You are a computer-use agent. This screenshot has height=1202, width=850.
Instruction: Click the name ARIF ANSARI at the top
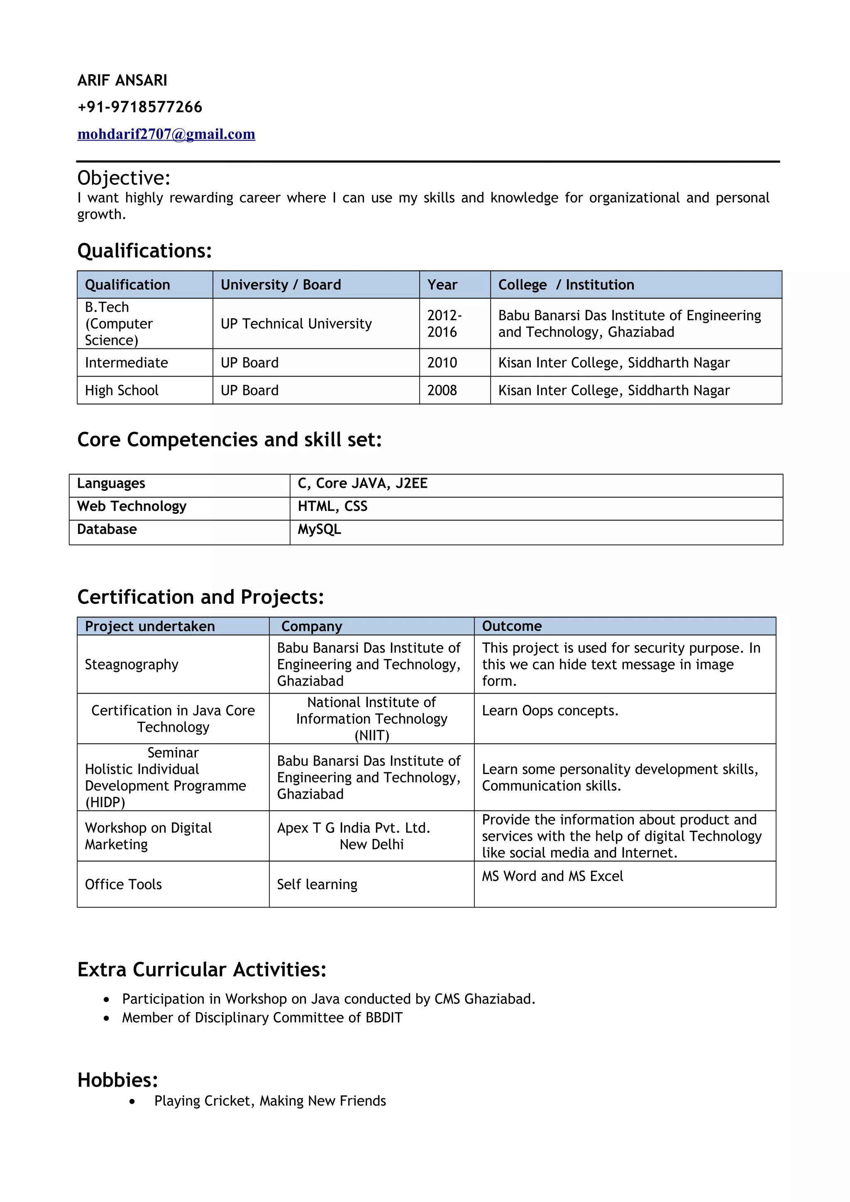(122, 80)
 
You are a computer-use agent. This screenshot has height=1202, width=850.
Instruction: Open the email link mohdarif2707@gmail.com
(166, 134)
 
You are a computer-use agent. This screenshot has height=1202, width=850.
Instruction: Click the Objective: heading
(124, 178)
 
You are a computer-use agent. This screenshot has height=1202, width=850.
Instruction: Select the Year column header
(442, 285)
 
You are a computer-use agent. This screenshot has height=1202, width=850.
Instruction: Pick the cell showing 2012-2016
(444, 324)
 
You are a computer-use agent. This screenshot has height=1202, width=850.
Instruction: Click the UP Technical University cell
(296, 324)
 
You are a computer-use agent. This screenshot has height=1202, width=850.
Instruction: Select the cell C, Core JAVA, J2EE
(362, 483)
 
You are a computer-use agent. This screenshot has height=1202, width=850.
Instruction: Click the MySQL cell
(320, 529)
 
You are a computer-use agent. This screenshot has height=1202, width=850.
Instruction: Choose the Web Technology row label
(132, 506)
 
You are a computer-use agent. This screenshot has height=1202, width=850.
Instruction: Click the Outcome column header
(512, 626)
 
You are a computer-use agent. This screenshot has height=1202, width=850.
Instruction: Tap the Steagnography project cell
(132, 664)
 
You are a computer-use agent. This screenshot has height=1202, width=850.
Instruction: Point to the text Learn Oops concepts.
(550, 710)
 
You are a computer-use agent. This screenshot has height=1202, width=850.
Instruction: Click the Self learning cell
(317, 884)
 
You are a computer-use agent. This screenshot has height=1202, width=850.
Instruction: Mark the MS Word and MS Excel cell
(552, 876)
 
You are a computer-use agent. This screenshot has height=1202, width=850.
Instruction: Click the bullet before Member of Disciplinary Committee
(107, 1018)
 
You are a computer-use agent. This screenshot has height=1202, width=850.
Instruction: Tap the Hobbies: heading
(117, 1080)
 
